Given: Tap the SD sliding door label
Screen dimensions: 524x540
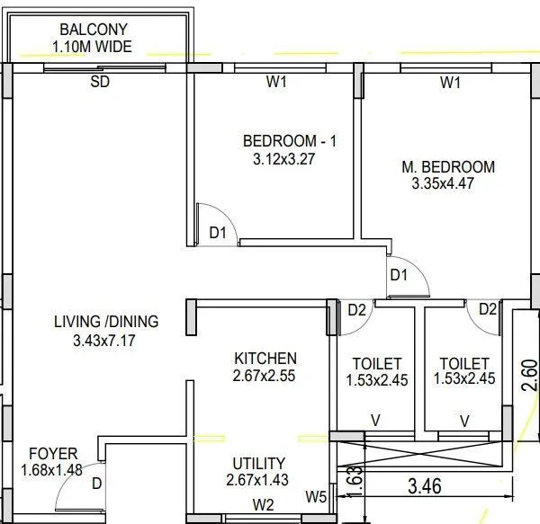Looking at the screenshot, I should pos(101,83).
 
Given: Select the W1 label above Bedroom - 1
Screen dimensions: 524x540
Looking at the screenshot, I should pos(276,83).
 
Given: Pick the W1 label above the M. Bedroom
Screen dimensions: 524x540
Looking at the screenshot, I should pos(451,83).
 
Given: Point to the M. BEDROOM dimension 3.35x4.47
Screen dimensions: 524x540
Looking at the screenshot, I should pos(442,183).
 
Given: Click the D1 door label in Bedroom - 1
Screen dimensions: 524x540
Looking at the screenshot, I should pos(219,233).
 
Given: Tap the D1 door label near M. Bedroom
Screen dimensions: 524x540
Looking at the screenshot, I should pos(400,274).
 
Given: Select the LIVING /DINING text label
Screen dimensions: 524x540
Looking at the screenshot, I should pos(106,321).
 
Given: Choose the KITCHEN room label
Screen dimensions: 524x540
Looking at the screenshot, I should pos(265,358).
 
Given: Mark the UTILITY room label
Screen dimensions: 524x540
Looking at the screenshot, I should pos(258,463).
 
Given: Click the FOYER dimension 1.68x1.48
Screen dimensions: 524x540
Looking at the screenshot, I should pos(51,469).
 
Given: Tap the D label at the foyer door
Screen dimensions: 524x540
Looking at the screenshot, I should pos(96,484).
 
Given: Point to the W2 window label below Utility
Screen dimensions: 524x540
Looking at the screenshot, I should pos(264,504).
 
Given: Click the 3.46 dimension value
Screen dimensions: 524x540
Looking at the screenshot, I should pos(426,488).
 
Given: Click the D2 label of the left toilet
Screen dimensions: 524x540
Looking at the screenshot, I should pos(356,310).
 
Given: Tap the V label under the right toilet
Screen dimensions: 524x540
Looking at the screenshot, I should pos(465,421).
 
